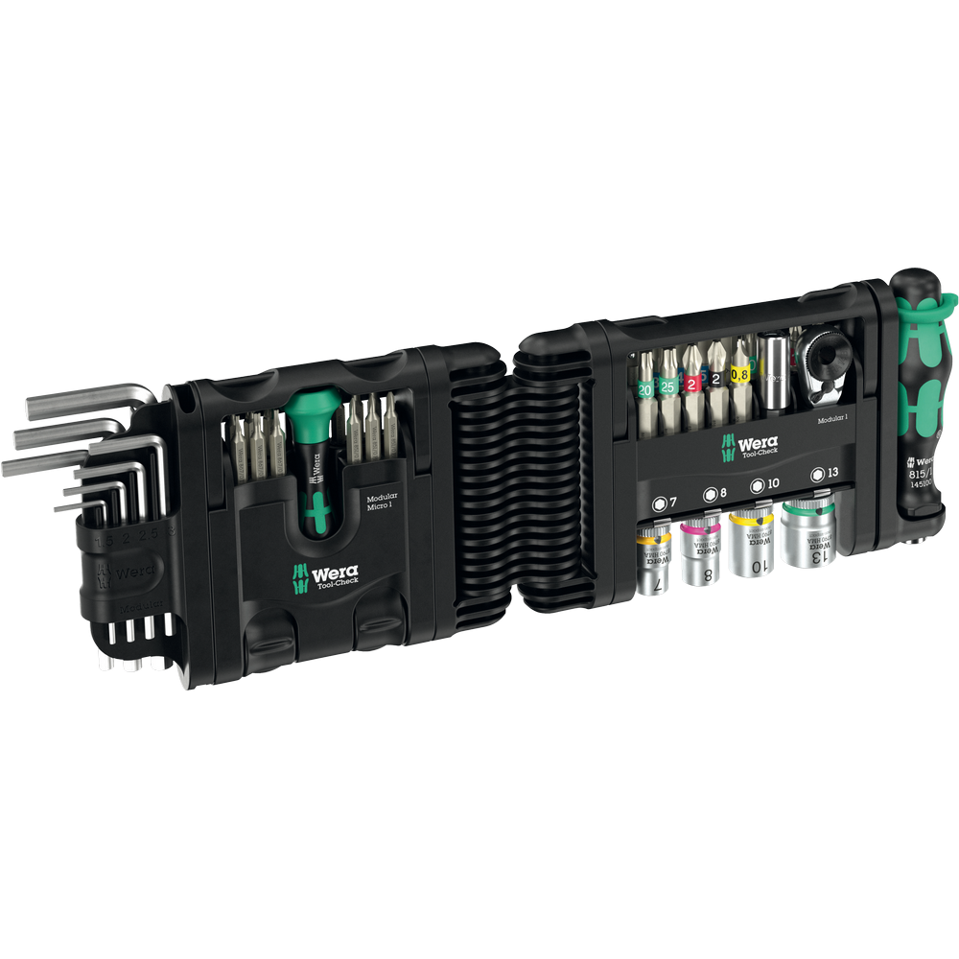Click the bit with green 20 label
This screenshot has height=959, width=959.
tap(644, 390)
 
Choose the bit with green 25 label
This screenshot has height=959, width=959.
tap(667, 388)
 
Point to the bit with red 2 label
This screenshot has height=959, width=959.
tap(691, 384)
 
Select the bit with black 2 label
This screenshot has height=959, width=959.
tap(715, 381)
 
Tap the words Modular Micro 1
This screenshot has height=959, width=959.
tap(383, 503)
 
